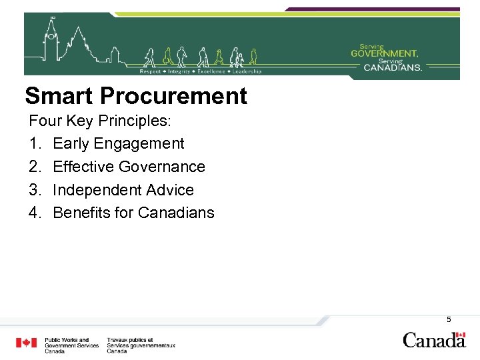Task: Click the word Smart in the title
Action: tap(59, 97)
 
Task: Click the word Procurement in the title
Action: tap(173, 97)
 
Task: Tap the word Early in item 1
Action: tap(71, 143)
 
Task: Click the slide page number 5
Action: tap(449, 319)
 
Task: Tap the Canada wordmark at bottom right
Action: tap(433, 340)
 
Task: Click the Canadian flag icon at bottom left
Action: tap(27, 343)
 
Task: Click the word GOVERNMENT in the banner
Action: tap(385, 53)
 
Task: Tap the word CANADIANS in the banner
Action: tap(393, 67)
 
